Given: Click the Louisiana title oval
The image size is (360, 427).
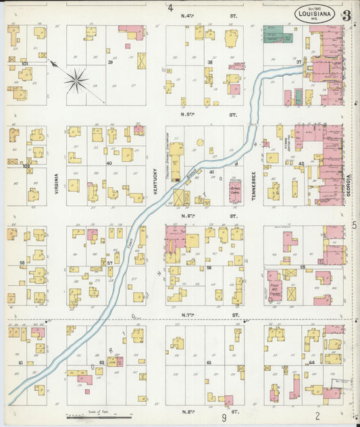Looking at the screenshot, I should tap(316, 13).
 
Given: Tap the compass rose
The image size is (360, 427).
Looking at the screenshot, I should tap(76, 82).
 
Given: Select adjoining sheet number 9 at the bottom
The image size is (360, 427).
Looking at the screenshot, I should tap(224, 418).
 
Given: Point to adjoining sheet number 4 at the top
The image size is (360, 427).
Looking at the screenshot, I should tap(171, 8).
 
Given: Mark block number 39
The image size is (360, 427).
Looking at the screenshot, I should tap(109, 61).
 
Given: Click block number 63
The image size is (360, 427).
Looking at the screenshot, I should tap(209, 363).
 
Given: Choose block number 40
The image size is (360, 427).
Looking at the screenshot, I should tap(108, 163).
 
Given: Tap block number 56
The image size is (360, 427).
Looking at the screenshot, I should tap(209, 268).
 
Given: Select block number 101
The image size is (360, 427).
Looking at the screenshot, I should tap(25, 64).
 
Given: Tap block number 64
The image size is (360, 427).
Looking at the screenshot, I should tap(311, 363).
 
